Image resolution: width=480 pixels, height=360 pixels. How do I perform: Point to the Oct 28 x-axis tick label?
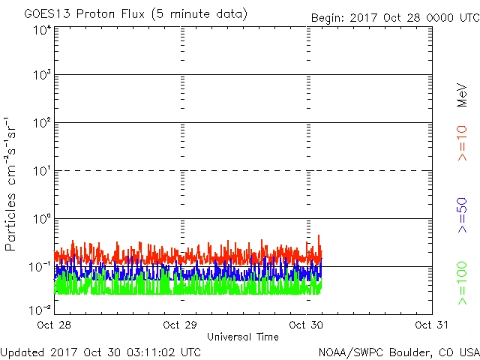[x=53, y=325]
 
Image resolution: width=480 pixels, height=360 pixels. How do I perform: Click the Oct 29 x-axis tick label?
[x=180, y=325]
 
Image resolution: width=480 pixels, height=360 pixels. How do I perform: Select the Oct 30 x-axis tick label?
[x=306, y=325]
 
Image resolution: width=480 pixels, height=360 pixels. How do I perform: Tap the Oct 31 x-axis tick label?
[x=431, y=325]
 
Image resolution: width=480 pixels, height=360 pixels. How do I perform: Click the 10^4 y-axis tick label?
[x=42, y=30]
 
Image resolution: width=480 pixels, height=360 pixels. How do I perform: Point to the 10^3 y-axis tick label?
[x=42, y=76]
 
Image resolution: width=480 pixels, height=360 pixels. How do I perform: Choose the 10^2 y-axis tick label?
[x=42, y=124]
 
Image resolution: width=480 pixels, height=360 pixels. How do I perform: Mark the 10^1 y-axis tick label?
[x=42, y=172]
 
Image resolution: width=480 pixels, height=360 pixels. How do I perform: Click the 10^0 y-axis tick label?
[x=42, y=220]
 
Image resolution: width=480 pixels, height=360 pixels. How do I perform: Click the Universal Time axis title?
[x=242, y=337]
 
